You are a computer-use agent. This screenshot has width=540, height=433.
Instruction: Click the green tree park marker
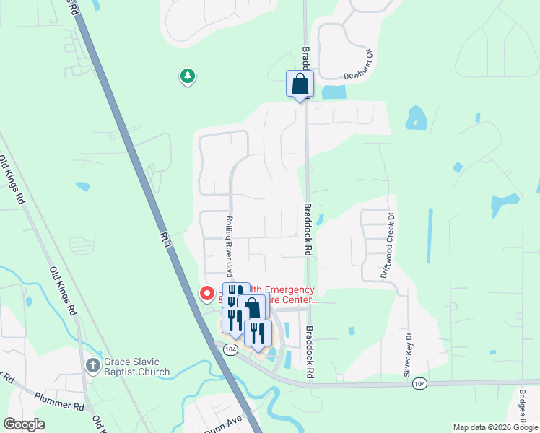[x=188, y=76]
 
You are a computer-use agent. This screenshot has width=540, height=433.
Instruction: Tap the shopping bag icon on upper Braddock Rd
[x=300, y=84]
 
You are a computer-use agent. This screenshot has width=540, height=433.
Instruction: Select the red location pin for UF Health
[x=206, y=294]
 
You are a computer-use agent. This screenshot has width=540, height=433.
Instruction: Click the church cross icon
[x=92, y=365]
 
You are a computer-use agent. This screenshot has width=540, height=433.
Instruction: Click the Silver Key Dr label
[x=408, y=355]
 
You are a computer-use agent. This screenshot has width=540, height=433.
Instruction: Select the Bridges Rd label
[x=523, y=408]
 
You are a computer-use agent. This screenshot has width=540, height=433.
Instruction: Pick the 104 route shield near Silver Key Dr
[x=419, y=385]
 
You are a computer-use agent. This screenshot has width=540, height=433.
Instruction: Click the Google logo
[x=24, y=424]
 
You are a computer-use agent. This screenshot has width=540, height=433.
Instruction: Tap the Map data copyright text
[x=495, y=427]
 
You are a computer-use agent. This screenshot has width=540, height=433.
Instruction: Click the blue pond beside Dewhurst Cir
[x=334, y=92]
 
